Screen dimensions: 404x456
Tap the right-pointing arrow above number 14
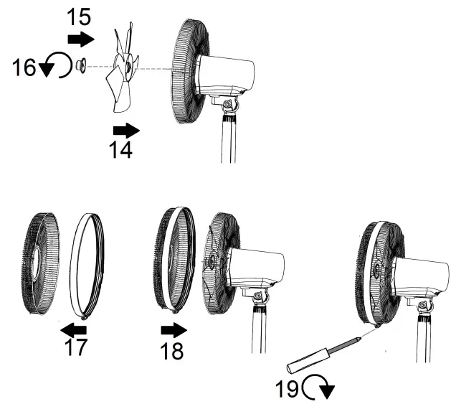pos(127,130)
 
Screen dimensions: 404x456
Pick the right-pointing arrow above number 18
pos(172,330)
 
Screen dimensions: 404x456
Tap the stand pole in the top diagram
pos(228,140)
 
